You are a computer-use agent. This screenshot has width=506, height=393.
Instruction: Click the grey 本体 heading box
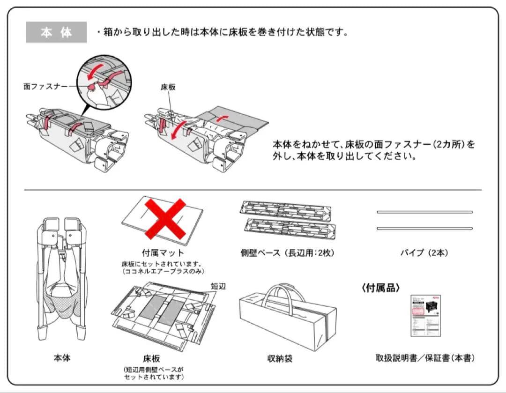pos(56,32)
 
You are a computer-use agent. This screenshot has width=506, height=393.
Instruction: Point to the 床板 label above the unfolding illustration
pos(168,88)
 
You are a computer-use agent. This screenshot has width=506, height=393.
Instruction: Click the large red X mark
pos(164,218)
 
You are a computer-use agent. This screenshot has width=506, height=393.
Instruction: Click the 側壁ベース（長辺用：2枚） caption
pos(287,253)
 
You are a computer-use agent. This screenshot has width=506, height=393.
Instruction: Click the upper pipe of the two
pos(424,212)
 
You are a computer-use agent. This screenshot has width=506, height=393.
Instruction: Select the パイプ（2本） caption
pos(424,253)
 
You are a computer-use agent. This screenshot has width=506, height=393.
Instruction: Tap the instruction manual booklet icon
pos(425,315)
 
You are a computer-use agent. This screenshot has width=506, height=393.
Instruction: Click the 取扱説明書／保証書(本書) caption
pos(425,358)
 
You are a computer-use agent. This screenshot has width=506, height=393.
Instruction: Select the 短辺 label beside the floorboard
pos(218,286)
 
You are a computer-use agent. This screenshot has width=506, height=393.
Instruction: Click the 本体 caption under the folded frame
pos(62,358)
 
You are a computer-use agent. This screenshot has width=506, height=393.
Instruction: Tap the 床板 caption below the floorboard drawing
pos(152,359)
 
